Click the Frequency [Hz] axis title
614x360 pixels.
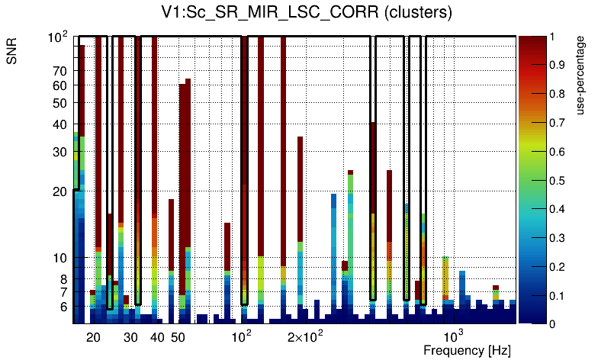[x=467, y=351]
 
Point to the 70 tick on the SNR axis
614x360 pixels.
[x=61, y=71]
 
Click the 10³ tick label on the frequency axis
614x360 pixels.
[x=454, y=336]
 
